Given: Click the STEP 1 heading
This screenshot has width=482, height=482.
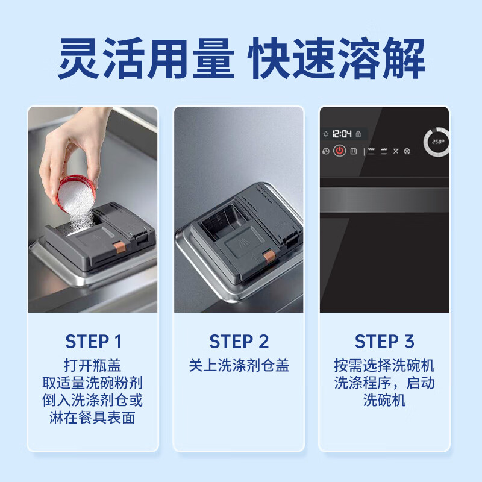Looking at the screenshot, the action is point(93,342).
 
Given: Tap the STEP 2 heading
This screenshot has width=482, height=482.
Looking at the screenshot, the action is point(239,342).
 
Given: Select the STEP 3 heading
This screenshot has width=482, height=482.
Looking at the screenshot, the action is point(384,342).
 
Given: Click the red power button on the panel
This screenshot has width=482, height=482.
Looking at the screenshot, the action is point(339,151).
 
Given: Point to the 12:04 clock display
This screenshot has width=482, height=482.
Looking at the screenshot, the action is point(342,134).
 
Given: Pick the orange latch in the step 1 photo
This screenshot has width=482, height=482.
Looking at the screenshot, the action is point(119,247).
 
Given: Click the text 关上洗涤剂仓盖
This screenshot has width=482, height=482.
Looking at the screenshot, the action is point(239,366).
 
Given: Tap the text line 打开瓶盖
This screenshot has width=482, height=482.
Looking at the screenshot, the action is point(93,366).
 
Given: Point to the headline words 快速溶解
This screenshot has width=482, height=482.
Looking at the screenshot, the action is point(336,58).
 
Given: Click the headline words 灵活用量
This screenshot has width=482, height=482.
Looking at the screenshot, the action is point(145,58).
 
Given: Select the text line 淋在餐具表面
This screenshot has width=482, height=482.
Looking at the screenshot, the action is point(93,418).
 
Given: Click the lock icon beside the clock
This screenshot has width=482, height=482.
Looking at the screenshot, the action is point(358,134).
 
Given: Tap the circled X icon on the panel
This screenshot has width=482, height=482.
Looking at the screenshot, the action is point(407,151).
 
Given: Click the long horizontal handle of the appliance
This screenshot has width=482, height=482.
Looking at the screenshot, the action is point(384,200).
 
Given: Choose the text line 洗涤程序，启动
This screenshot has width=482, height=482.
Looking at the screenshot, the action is point(384,383).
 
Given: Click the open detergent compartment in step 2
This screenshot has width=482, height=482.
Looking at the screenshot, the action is point(224,221).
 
